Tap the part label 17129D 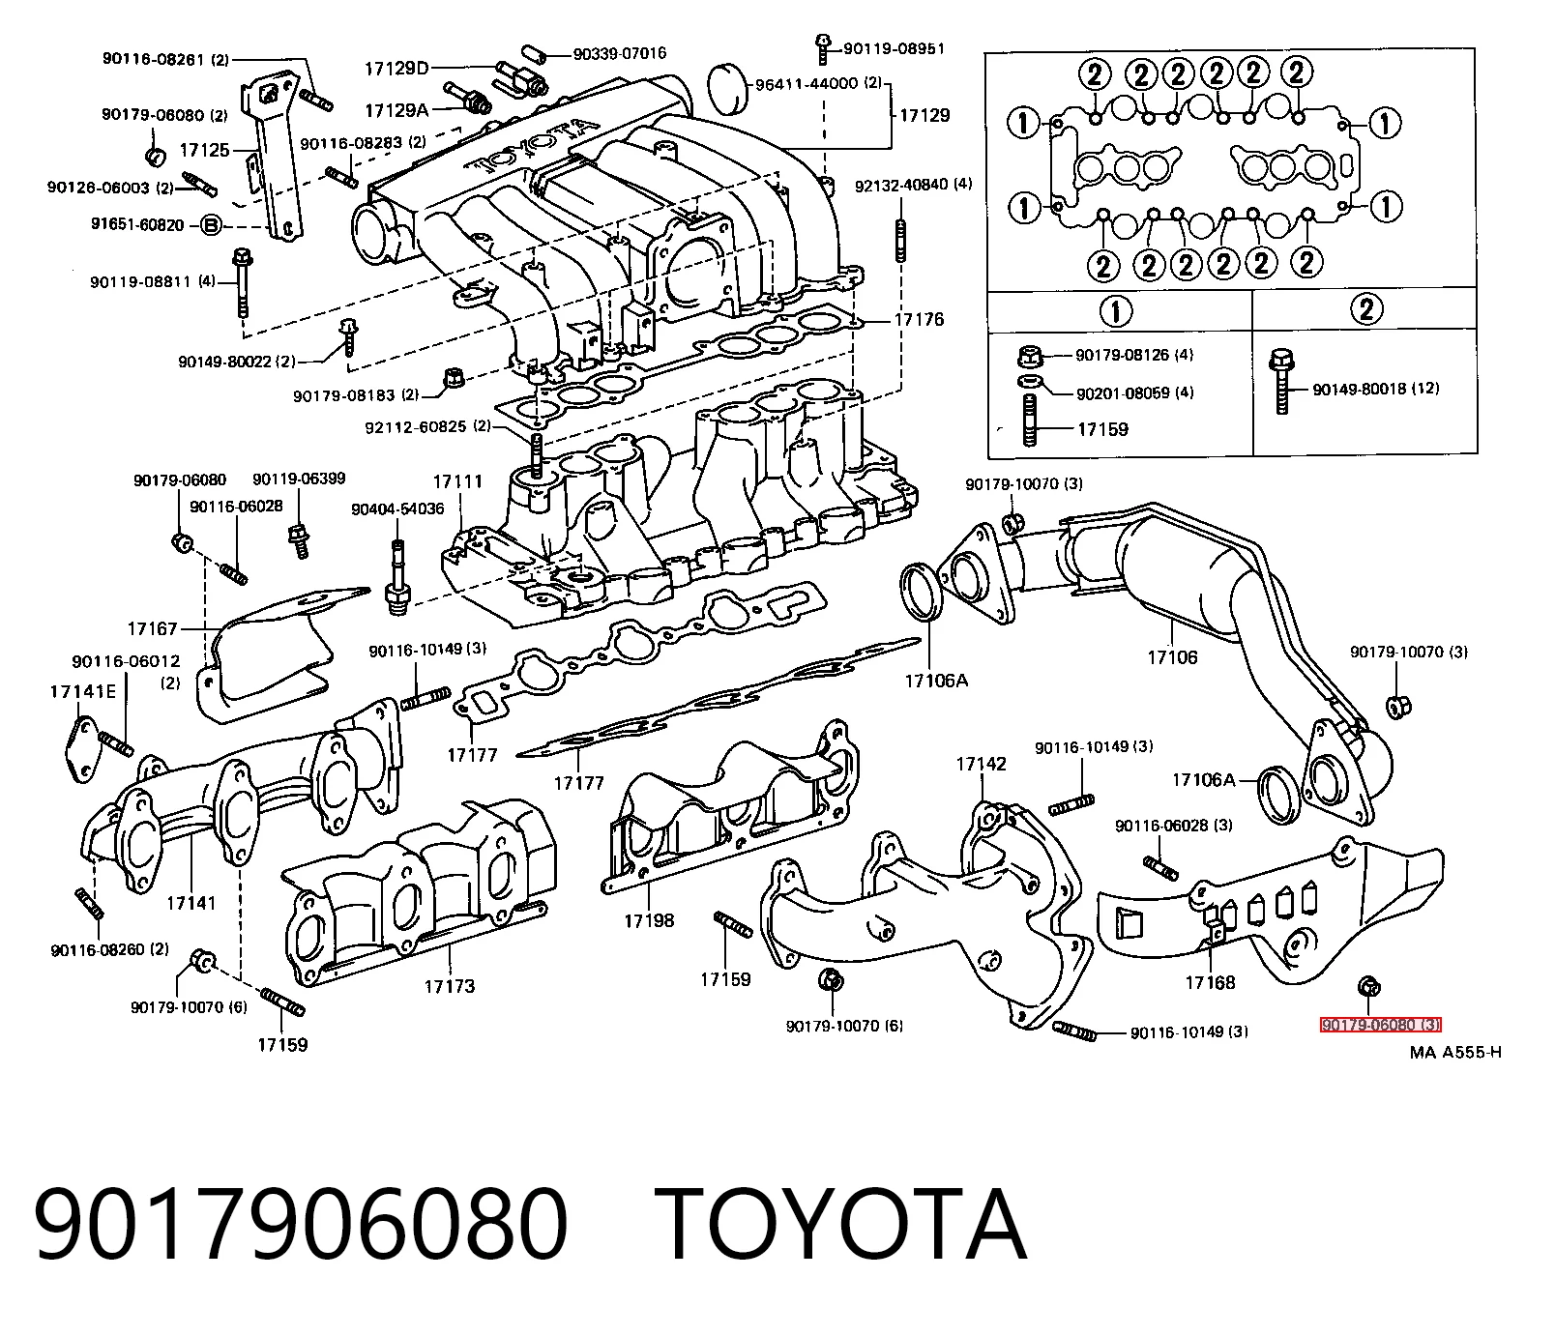coord(396,68)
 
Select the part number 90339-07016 coord(620,54)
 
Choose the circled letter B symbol coord(211,225)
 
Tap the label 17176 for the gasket coord(919,319)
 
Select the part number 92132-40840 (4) coord(914,184)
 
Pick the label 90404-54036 coord(397,508)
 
